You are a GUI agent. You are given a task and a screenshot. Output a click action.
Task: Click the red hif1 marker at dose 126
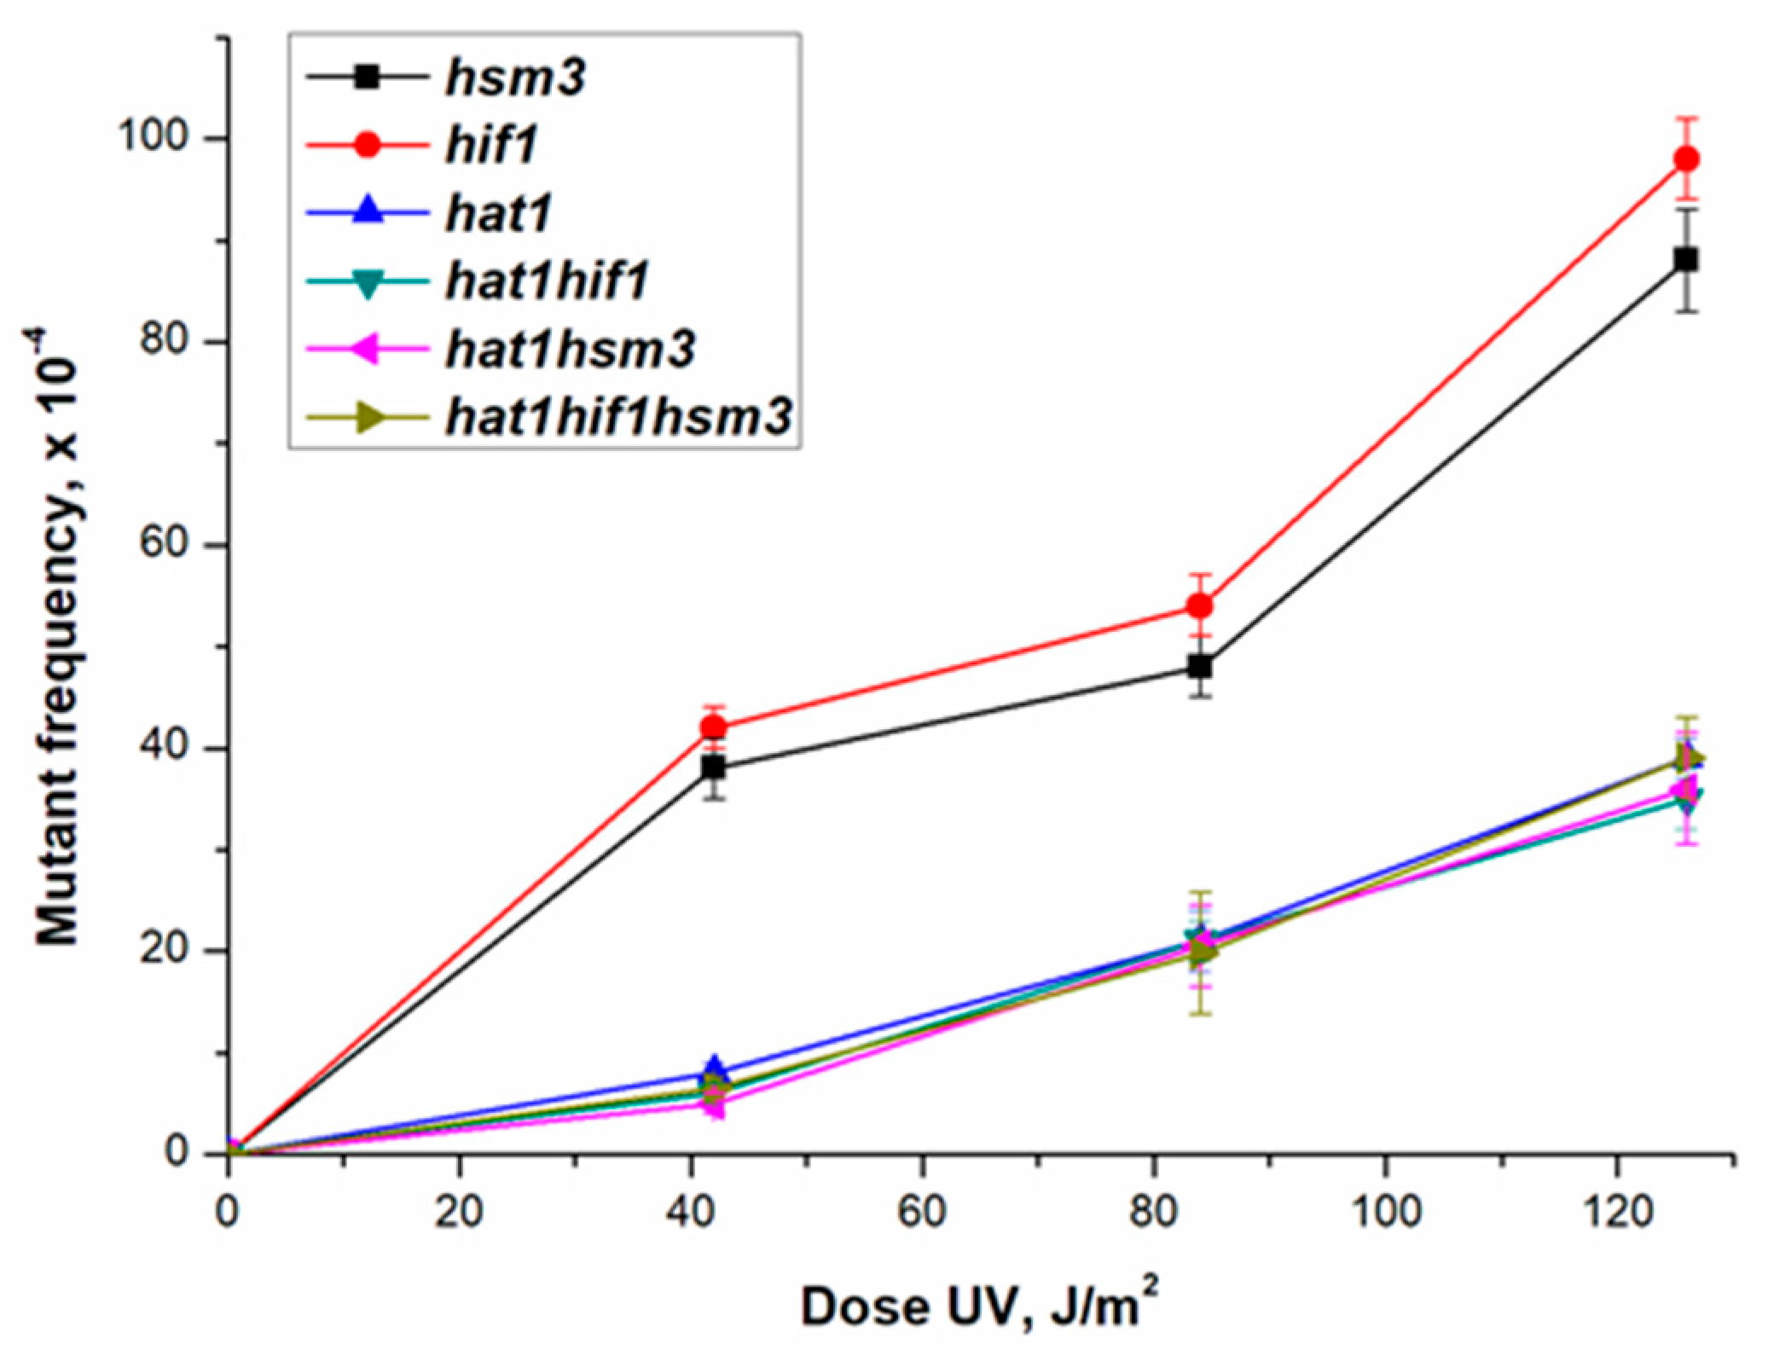click(x=1686, y=159)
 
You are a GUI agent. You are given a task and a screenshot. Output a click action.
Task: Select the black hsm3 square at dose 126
click(x=1686, y=259)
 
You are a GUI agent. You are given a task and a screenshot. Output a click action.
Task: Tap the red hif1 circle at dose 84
click(x=1200, y=606)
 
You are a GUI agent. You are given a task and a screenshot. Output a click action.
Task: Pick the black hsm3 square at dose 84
click(x=1200, y=667)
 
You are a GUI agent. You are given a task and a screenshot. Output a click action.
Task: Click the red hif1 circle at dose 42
click(x=714, y=727)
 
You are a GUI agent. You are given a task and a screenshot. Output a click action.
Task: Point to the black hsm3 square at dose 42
click(x=714, y=767)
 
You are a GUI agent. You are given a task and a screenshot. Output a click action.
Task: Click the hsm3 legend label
click(x=515, y=78)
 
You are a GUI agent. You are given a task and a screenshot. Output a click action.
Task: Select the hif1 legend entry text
click(x=491, y=145)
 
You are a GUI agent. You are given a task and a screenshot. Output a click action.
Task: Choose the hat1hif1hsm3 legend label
click(x=619, y=417)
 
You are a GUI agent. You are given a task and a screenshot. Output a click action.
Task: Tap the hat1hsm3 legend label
click(x=570, y=350)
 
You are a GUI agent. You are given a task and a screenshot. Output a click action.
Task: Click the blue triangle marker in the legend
click(x=368, y=211)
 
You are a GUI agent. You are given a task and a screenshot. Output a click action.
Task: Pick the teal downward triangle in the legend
click(x=368, y=282)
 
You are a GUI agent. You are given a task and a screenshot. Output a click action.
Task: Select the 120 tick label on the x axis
click(x=1618, y=1212)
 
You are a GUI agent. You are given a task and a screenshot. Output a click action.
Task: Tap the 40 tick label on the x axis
click(x=691, y=1212)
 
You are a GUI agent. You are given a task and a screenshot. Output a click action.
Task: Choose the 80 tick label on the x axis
click(x=1154, y=1212)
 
